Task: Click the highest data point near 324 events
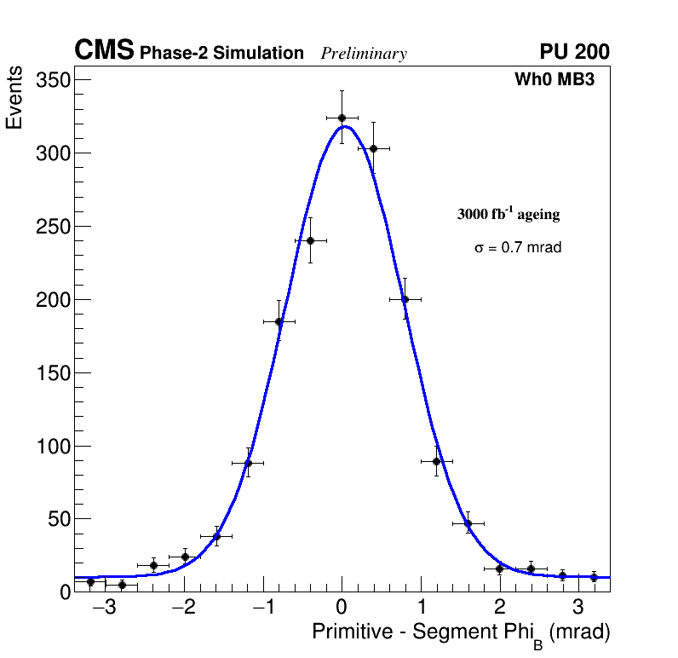tap(342, 118)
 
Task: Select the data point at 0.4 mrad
tap(373, 148)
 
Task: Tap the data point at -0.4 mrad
tap(310, 240)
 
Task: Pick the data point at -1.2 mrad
tap(248, 463)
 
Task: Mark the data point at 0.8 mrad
tap(405, 299)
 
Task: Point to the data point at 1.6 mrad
tap(468, 523)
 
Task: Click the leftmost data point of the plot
tap(90, 582)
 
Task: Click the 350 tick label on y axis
tap(54, 80)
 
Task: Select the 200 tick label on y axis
tap(54, 300)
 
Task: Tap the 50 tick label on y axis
tap(58, 519)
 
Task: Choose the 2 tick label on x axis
tap(499, 609)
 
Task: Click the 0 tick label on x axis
tap(342, 609)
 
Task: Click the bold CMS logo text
tap(104, 51)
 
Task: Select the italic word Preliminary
tap(364, 54)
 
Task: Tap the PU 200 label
tap(575, 52)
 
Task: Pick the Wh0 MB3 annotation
tap(554, 79)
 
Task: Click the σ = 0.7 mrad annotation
tap(518, 248)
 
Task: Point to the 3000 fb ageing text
tap(508, 214)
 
